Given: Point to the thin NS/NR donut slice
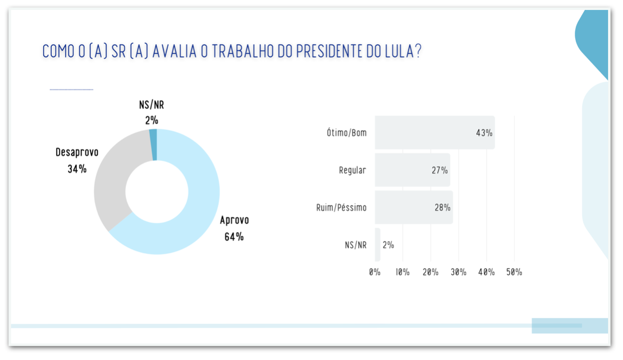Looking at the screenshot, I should pos(153,145).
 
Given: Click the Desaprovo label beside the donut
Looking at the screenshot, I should pos(77,152).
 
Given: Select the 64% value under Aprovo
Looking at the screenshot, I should pos(234,237).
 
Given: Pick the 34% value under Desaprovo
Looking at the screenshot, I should pos(77,169).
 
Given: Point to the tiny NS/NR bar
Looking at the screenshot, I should pos(378,245).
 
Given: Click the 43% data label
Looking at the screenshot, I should pos(484,133).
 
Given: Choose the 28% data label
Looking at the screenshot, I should pos(442,207).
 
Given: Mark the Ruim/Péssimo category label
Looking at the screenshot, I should pos(341,207).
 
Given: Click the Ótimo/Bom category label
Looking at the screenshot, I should pos(347,133).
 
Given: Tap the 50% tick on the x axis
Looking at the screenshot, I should pos(514,272).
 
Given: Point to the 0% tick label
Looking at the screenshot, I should pos(375,272).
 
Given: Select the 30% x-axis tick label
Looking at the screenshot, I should pos(458,272).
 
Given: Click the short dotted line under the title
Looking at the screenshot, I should pos(71,90).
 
